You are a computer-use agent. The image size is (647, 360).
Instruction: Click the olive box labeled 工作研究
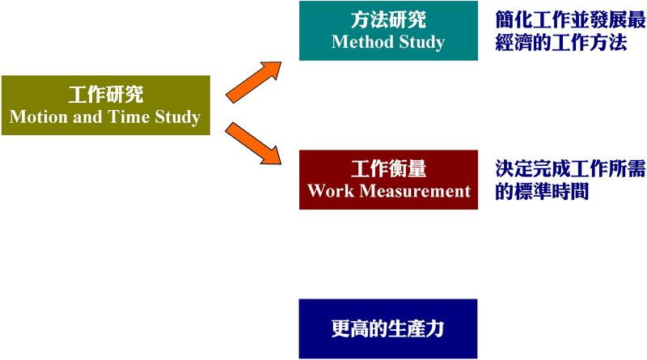pyautogui.click(x=106, y=105)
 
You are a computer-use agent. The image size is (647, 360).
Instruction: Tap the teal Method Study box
pyautogui.click(x=388, y=31)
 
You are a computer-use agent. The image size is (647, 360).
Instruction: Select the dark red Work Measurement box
pyautogui.click(x=388, y=180)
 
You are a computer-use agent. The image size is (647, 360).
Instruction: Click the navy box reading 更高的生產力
pyautogui.click(x=388, y=328)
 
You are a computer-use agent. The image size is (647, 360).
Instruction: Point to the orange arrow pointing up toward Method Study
pyautogui.click(x=253, y=82)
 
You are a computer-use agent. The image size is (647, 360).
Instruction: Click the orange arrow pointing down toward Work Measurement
pyautogui.click(x=253, y=143)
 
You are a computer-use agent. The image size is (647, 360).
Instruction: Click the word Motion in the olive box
pyautogui.click(x=38, y=116)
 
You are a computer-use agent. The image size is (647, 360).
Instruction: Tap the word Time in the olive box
pyautogui.click(x=129, y=116)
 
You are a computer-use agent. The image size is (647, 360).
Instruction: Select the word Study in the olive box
pyautogui.click(x=178, y=117)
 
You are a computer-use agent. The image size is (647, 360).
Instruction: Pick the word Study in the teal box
pyautogui.click(x=421, y=43)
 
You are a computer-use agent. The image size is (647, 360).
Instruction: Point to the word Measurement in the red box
pyautogui.click(x=415, y=191)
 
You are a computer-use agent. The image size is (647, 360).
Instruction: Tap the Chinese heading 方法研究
pyautogui.click(x=388, y=19)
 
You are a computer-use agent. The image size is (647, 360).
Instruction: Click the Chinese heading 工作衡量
pyautogui.click(x=388, y=169)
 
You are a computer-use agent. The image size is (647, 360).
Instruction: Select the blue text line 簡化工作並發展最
pyautogui.click(x=571, y=19)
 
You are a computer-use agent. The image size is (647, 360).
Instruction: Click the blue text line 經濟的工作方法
pyautogui.click(x=561, y=42)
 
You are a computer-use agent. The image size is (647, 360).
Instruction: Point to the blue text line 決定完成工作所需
pyautogui.click(x=571, y=169)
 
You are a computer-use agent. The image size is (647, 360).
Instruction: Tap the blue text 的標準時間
pyautogui.click(x=542, y=191)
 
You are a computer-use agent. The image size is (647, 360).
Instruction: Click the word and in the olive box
pyautogui.click(x=88, y=116)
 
